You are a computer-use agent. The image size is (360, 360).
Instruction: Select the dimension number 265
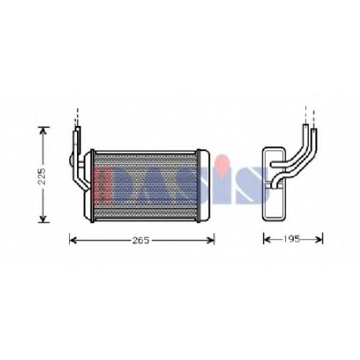pyautogui.click(x=141, y=240)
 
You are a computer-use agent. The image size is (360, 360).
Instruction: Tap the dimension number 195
pyautogui.click(x=292, y=239)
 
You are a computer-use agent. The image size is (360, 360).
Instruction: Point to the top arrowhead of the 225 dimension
pyautogui.click(x=43, y=130)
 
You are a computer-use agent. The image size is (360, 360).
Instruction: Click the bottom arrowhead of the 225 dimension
pyautogui.click(x=43, y=219)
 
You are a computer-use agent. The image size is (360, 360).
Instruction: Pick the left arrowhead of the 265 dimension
pyautogui.click(x=73, y=240)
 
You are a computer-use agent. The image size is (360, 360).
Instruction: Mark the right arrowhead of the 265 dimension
pyautogui.click(x=210, y=240)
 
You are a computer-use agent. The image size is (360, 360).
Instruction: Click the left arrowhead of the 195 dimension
pyautogui.click(x=267, y=239)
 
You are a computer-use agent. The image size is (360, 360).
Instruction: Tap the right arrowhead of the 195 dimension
pyautogui.click(x=319, y=239)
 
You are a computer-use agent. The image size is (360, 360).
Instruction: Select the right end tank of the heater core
pyautogui.click(x=203, y=186)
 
